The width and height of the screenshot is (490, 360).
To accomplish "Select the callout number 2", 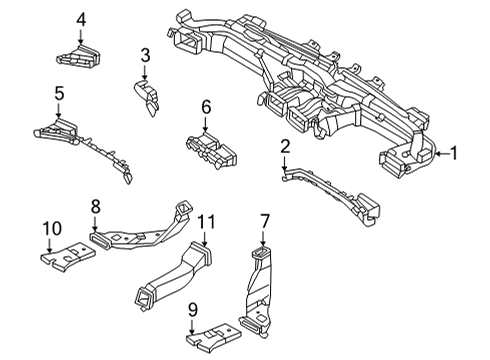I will coord(285,147).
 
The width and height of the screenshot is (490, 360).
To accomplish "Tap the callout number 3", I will coord(145,54).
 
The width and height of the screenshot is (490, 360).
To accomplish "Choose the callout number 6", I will coord(206,106).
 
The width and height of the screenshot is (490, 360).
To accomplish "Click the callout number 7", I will coord(265,220).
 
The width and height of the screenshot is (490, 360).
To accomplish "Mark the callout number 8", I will coord(96,206).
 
